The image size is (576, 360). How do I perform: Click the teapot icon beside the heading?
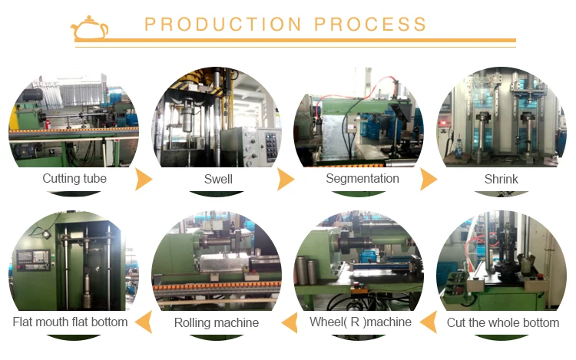(x=89, y=28)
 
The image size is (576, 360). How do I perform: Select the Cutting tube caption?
(x=74, y=179)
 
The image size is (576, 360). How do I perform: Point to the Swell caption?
(x=218, y=179)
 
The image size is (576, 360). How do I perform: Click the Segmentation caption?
(x=362, y=179)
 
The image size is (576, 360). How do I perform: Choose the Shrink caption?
(x=502, y=179)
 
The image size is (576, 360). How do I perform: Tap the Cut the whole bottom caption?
(x=503, y=322)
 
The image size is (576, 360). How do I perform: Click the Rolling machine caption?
(x=216, y=322)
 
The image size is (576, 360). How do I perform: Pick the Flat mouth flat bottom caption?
(x=70, y=322)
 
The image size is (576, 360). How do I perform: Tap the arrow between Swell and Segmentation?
(x=286, y=180)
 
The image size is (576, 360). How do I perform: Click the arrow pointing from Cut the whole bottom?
(x=431, y=322)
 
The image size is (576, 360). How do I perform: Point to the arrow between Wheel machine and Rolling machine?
(x=287, y=322)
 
